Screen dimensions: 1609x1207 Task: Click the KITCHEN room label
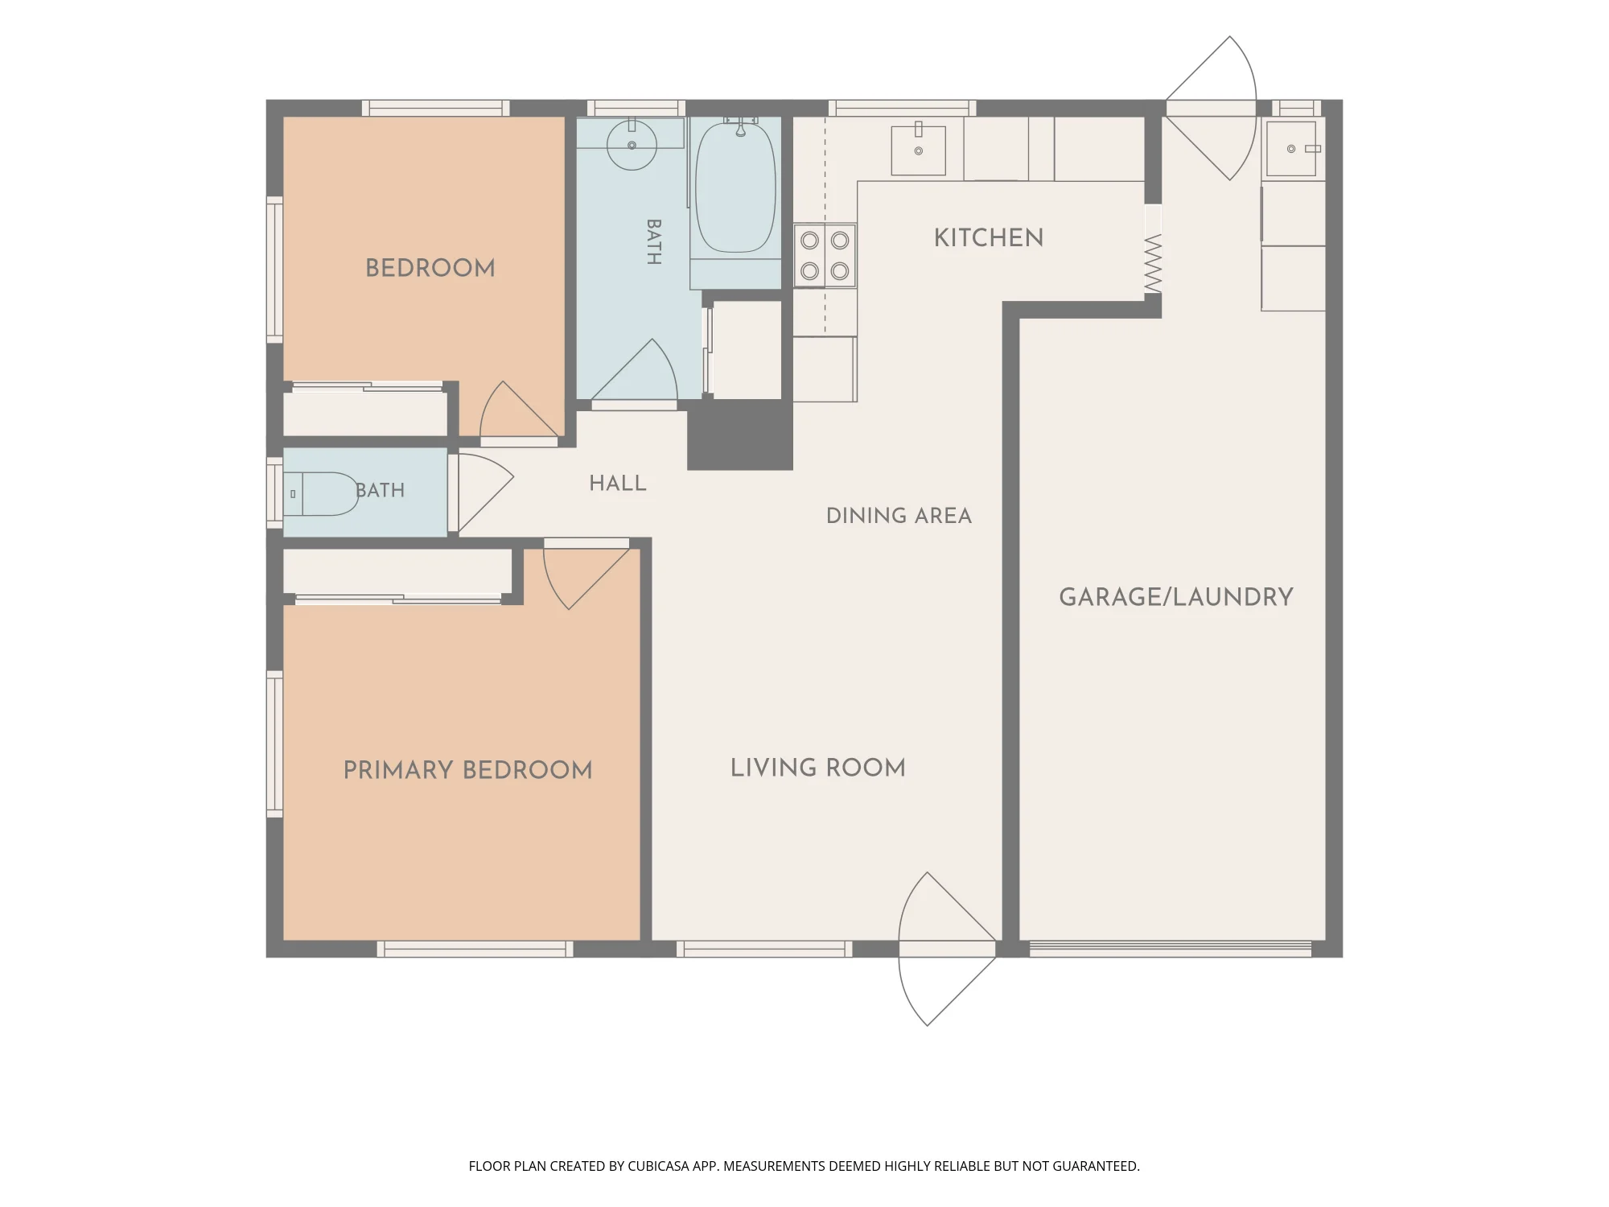[989, 238]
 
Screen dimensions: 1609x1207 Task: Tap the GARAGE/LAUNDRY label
[1176, 597]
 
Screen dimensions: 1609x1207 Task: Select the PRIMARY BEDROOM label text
[467, 770]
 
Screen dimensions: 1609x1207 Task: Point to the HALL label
[618, 484]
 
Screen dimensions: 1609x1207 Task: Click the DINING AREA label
[899, 516]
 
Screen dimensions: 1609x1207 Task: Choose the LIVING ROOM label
[818, 768]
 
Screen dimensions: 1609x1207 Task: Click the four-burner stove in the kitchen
[825, 255]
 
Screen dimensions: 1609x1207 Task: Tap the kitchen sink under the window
[918, 149]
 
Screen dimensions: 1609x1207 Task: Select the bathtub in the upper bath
[735, 187]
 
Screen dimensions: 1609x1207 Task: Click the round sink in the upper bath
[632, 145]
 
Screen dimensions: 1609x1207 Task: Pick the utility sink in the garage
[1291, 149]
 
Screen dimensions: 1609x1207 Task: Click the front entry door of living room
[947, 950]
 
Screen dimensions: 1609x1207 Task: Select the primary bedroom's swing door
[586, 574]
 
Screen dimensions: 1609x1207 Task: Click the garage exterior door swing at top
[1211, 108]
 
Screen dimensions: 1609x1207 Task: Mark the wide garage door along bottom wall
[1171, 950]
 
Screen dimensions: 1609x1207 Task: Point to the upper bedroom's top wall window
[435, 108]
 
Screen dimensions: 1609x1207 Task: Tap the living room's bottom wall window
[764, 950]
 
